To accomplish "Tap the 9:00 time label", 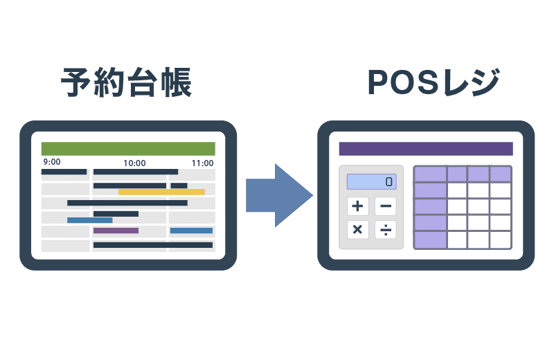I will [51, 163].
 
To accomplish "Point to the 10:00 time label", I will [134, 163].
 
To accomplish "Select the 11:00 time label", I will [202, 163].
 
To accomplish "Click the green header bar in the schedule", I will [128, 149].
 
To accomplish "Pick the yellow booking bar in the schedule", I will [161, 192].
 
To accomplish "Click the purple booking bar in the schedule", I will [116, 231].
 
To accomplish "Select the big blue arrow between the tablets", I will [278, 195].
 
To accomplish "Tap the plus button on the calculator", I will [357, 206].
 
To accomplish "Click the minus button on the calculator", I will [386, 206].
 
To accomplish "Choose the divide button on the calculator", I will [386, 229].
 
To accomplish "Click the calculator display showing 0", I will [371, 182].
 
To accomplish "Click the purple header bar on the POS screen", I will [426, 149].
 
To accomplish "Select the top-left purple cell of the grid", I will [430, 174].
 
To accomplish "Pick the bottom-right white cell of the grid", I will [500, 240].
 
